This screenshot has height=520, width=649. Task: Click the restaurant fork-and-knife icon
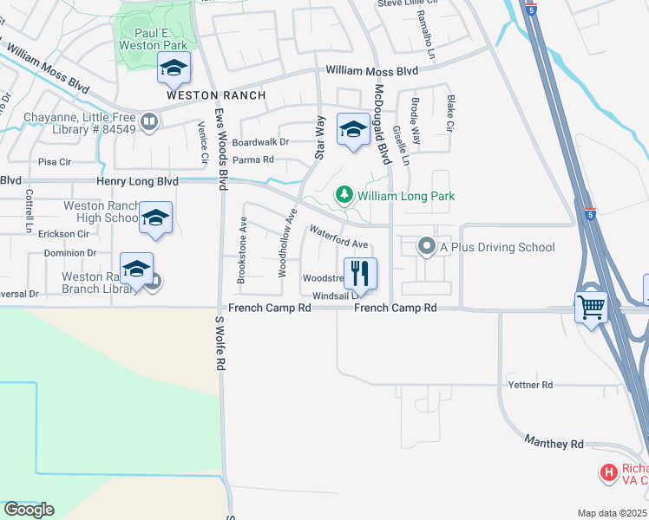(x=361, y=273)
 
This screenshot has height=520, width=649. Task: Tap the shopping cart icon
(x=592, y=306)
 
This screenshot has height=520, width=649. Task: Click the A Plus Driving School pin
(x=426, y=247)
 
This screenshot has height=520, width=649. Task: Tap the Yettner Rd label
(x=531, y=384)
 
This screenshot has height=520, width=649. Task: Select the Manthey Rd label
(x=554, y=443)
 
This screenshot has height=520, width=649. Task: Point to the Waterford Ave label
(x=339, y=237)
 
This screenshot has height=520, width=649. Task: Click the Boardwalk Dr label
(x=260, y=142)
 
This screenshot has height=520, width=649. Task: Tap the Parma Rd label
(x=253, y=159)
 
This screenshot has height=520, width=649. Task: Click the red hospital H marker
(x=609, y=473)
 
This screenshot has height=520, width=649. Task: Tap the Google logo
(x=29, y=509)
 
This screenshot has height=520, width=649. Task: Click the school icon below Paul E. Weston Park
(x=174, y=67)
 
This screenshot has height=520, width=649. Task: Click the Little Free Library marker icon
(x=149, y=122)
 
